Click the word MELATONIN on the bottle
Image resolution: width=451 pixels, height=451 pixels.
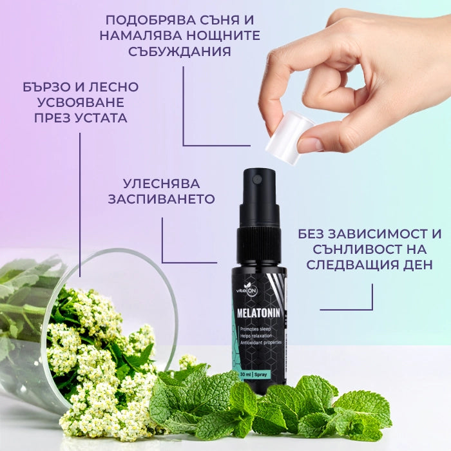pos(258,313)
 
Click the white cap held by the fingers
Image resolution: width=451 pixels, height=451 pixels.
pos(290,137)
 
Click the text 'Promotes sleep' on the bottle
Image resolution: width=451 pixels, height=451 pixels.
pos(255,329)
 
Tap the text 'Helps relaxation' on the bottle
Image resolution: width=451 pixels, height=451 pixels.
pos(256,336)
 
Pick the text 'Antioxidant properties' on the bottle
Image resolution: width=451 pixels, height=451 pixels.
pos(261,343)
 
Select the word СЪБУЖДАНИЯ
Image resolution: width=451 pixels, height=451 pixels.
pos(180,52)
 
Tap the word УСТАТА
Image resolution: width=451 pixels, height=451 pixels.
pos(101,118)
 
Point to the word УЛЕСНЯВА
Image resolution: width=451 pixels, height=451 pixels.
pos(161,184)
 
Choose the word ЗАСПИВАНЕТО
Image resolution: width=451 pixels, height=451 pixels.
pos(161,199)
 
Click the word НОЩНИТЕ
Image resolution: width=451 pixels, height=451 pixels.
pos(223,35)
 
